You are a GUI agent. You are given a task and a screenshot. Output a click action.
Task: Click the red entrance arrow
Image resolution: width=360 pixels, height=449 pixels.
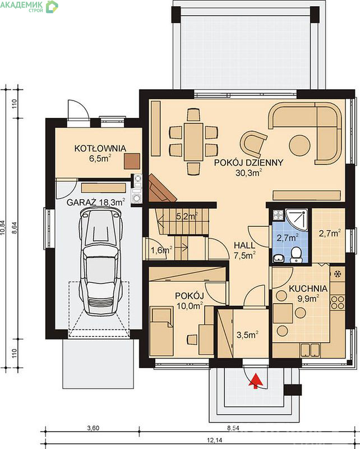click(256, 381)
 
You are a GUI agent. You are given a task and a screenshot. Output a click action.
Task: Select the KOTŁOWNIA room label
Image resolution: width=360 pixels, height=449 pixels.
click(100, 148)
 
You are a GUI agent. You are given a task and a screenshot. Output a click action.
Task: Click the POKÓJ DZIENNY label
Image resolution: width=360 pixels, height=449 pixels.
click(248, 162)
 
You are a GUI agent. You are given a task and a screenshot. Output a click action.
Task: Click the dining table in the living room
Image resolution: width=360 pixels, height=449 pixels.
click(193, 141)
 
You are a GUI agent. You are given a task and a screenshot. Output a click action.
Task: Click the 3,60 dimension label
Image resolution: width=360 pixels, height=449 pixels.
click(93, 428)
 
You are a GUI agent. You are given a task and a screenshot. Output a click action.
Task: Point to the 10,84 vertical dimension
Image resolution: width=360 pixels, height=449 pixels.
click(3, 228)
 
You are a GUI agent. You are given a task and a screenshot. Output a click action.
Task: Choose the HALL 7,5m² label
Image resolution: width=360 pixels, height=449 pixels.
click(244, 250)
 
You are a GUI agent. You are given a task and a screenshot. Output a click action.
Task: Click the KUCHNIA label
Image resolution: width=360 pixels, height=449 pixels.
click(308, 288)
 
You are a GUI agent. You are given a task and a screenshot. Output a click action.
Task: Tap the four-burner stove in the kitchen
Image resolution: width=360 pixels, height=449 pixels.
click(338, 303)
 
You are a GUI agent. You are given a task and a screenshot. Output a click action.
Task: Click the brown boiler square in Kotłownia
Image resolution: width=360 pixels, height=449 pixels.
click(132, 161)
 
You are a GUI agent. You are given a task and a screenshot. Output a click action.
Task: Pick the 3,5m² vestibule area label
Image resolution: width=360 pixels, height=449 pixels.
click(248, 335)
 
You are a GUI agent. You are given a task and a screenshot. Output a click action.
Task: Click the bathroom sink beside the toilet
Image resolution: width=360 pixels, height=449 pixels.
click(278, 259)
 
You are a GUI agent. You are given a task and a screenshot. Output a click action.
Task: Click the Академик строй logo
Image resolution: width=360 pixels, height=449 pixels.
click(29, 6)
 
